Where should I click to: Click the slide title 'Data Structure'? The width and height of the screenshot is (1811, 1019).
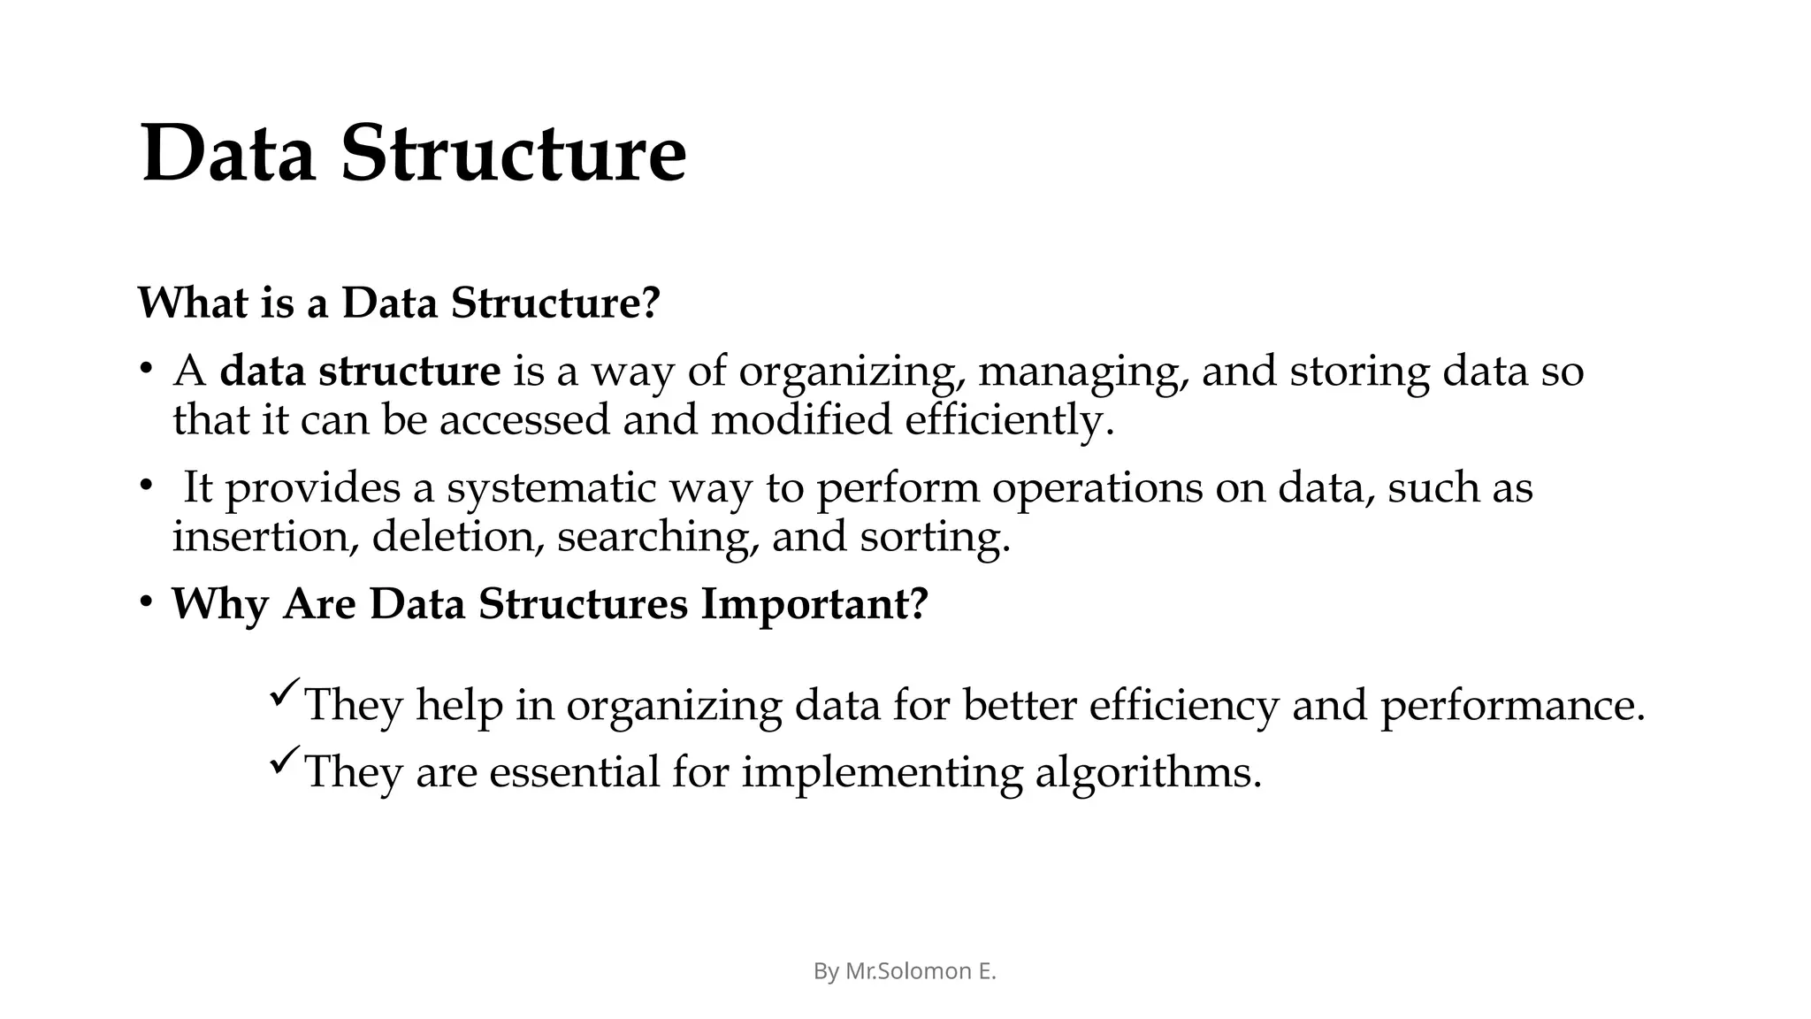click(413, 154)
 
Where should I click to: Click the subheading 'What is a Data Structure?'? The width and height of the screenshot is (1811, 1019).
click(399, 303)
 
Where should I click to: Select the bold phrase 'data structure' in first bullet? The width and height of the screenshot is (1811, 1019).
click(360, 371)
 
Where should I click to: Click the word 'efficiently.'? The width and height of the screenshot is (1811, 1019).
click(1009, 419)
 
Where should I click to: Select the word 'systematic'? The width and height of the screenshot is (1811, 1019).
click(551, 488)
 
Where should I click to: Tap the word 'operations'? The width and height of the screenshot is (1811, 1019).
click(1097, 488)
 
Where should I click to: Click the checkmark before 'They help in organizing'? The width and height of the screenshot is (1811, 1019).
click(285, 693)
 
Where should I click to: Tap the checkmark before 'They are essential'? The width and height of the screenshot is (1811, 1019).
click(285, 760)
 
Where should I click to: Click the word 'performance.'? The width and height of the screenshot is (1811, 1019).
click(1512, 706)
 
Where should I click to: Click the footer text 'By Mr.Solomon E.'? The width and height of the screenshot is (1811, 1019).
click(905, 971)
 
